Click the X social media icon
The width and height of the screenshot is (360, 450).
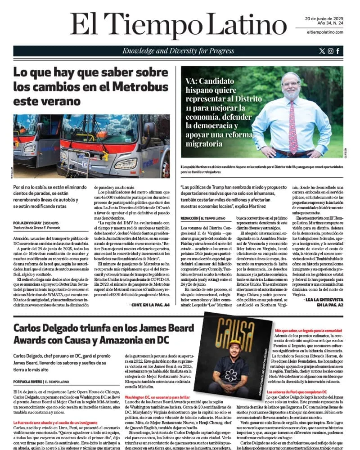coord(321,51)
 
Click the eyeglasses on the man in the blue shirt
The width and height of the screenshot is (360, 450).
coord(291,84)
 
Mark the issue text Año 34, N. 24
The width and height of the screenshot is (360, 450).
coord(317,24)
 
